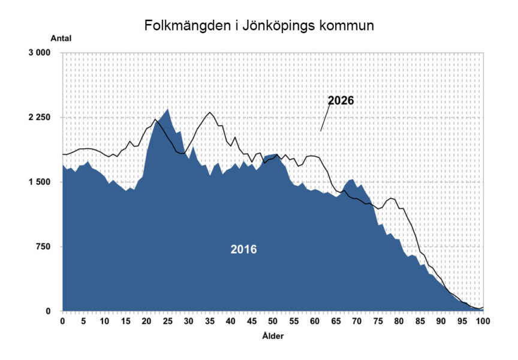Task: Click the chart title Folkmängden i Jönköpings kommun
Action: tap(259, 26)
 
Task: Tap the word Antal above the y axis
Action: tap(61, 38)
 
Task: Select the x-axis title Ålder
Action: tap(273, 336)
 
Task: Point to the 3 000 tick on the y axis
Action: tap(40, 53)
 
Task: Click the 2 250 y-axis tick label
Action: tap(40, 118)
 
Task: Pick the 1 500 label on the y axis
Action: tap(40, 182)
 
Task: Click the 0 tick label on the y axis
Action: tap(48, 311)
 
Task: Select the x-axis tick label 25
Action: tap(168, 321)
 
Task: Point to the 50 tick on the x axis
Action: tap(273, 321)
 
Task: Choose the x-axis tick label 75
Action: tap(378, 321)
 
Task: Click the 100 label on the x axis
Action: tap(483, 321)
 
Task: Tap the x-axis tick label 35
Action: tap(210, 321)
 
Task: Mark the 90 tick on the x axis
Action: tap(441, 321)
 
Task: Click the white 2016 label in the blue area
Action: tap(243, 249)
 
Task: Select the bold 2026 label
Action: tap(341, 100)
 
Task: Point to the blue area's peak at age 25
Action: tap(168, 109)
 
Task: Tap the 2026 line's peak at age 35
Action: tap(210, 112)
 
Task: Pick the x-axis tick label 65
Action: tap(336, 321)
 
